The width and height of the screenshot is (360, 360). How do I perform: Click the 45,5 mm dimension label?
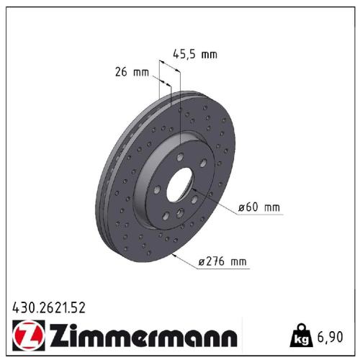pyautogui.click(x=195, y=53)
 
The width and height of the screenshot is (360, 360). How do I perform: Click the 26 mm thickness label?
pyautogui.click(x=131, y=72)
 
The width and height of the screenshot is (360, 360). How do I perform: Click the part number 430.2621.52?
pyautogui.click(x=50, y=307)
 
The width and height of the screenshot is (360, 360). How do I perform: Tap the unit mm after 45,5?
pyautogui.click(x=209, y=53)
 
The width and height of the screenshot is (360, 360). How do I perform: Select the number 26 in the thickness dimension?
pyautogui.click(x=120, y=72)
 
